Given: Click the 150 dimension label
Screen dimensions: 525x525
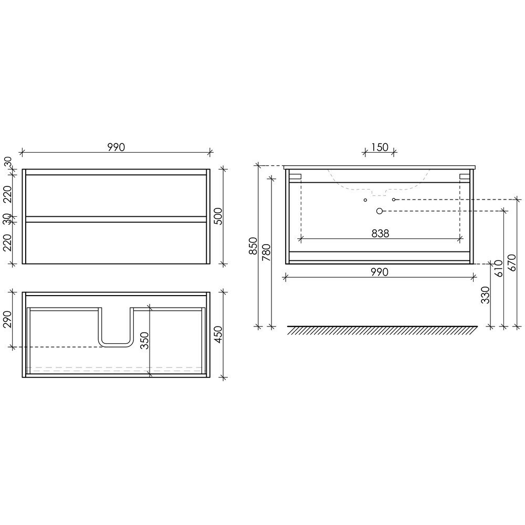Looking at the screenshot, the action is click(380, 148).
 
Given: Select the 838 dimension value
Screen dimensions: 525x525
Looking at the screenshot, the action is click(380, 234).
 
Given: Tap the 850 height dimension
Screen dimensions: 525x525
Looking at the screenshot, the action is click(253, 246).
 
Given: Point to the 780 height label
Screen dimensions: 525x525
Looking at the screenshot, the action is click(266, 253).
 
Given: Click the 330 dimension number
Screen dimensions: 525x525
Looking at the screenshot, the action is click(485, 295).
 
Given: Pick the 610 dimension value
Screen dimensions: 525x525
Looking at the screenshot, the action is click(499, 268).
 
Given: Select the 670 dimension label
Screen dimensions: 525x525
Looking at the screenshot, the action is click(512, 263).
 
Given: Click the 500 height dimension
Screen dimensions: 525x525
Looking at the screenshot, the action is click(218, 216).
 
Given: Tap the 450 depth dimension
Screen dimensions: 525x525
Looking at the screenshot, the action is click(218, 334).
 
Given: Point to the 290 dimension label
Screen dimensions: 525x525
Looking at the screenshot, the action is click(7, 320).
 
